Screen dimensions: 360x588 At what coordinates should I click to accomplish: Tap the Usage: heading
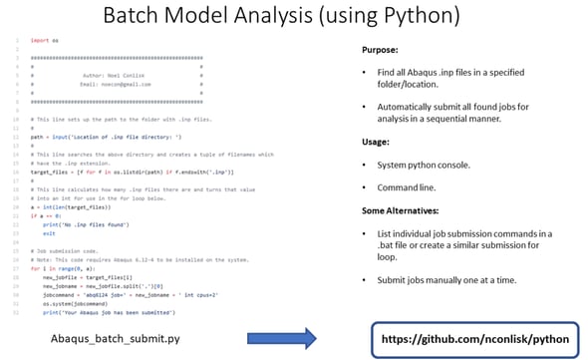pyautogui.click(x=376, y=142)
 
